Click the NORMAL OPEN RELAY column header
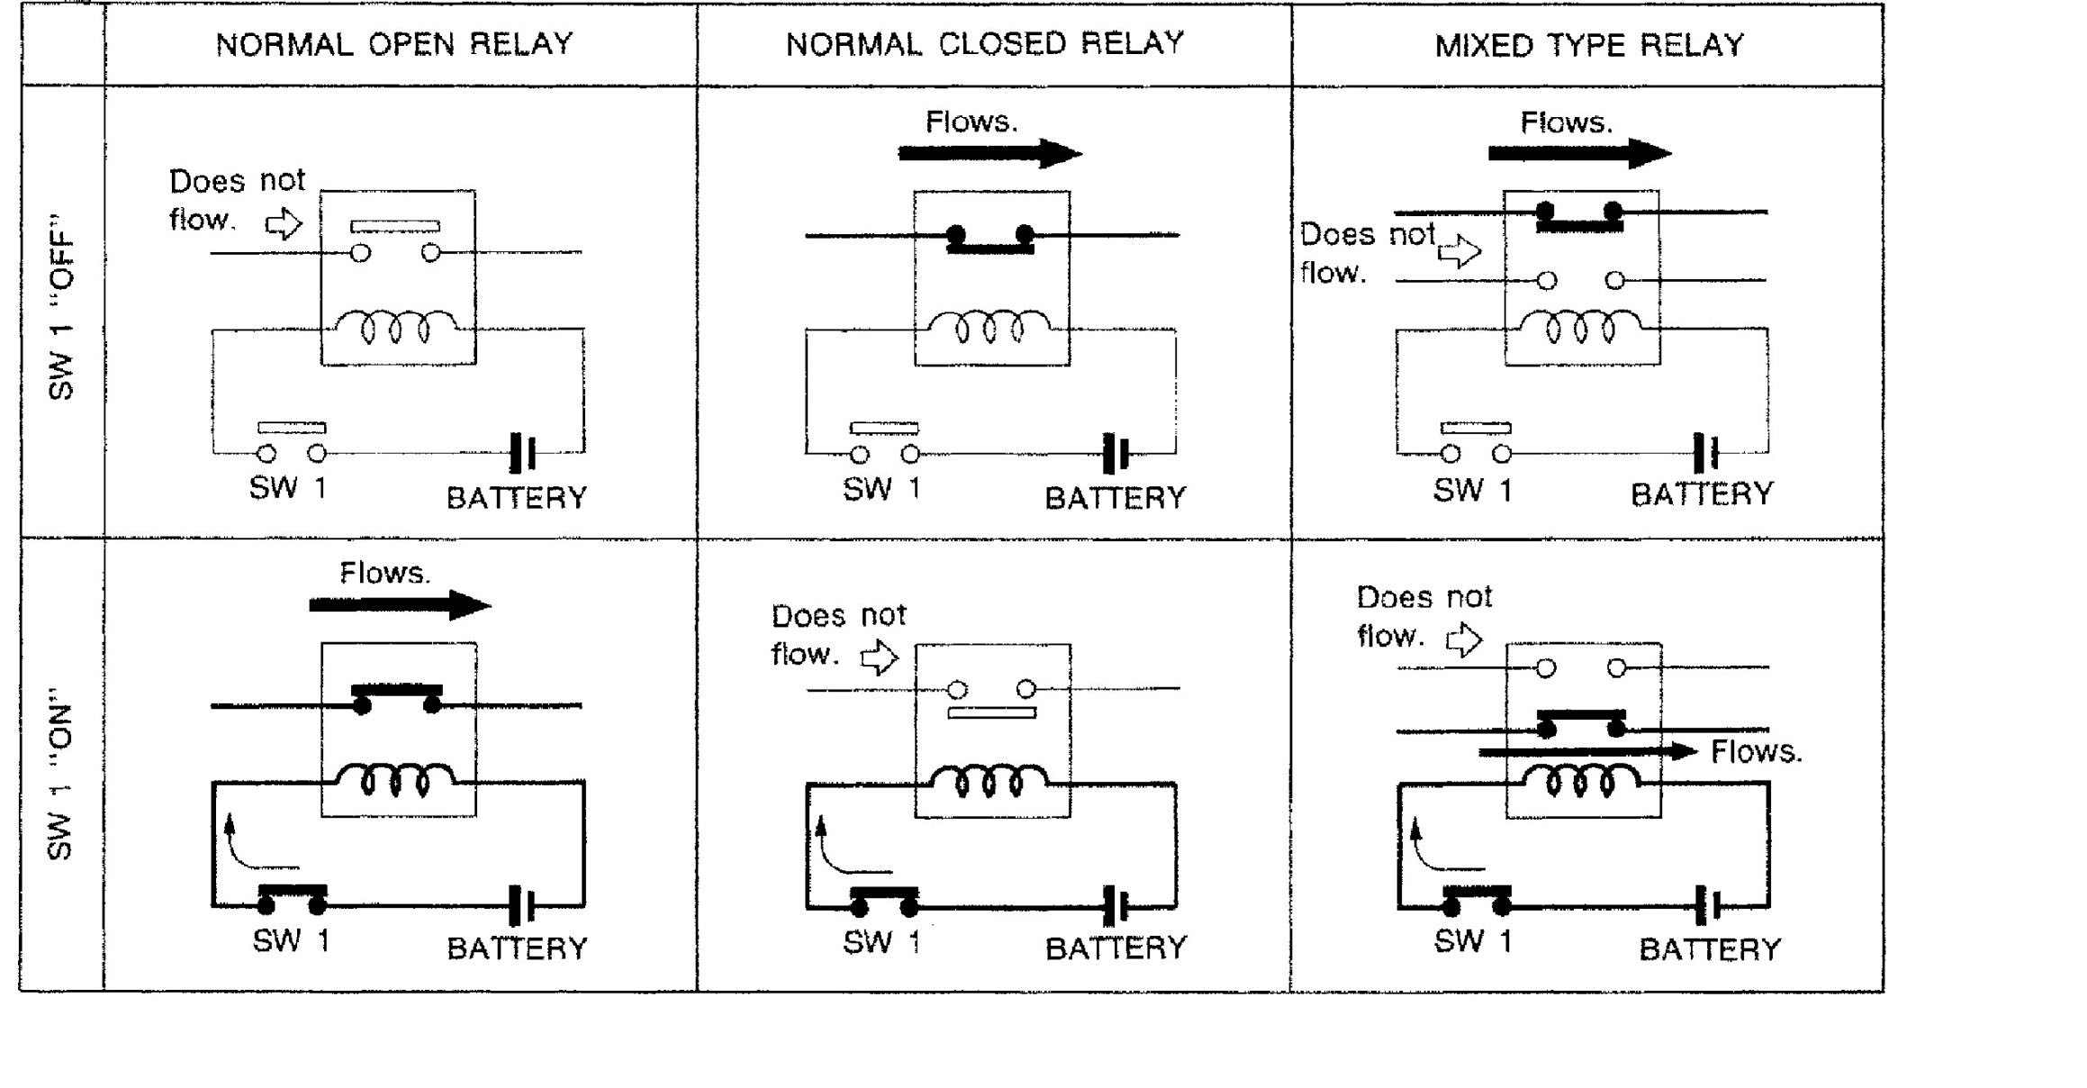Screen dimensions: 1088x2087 click(x=394, y=44)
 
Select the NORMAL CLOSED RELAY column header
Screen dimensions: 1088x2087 click(x=985, y=43)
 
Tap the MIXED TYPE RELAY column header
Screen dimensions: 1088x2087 click(x=1589, y=45)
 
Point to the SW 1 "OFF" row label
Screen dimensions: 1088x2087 click(x=61, y=307)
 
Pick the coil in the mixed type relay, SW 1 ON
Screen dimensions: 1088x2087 click(x=1581, y=780)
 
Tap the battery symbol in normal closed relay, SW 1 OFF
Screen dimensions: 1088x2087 click(x=1116, y=453)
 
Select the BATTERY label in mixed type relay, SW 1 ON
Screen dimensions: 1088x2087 click(x=1710, y=949)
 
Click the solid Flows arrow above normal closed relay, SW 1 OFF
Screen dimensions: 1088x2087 click(x=989, y=153)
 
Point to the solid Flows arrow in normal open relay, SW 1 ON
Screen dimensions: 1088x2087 click(x=400, y=604)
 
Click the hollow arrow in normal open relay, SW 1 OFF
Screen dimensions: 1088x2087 click(x=285, y=222)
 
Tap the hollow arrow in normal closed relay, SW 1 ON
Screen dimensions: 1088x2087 click(x=880, y=657)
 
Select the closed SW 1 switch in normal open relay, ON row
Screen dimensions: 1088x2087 click(x=293, y=898)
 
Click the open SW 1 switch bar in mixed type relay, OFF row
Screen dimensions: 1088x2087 click(x=1476, y=428)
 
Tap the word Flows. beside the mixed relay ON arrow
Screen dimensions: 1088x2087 click(x=1757, y=751)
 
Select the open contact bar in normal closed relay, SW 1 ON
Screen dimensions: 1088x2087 click(x=991, y=713)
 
